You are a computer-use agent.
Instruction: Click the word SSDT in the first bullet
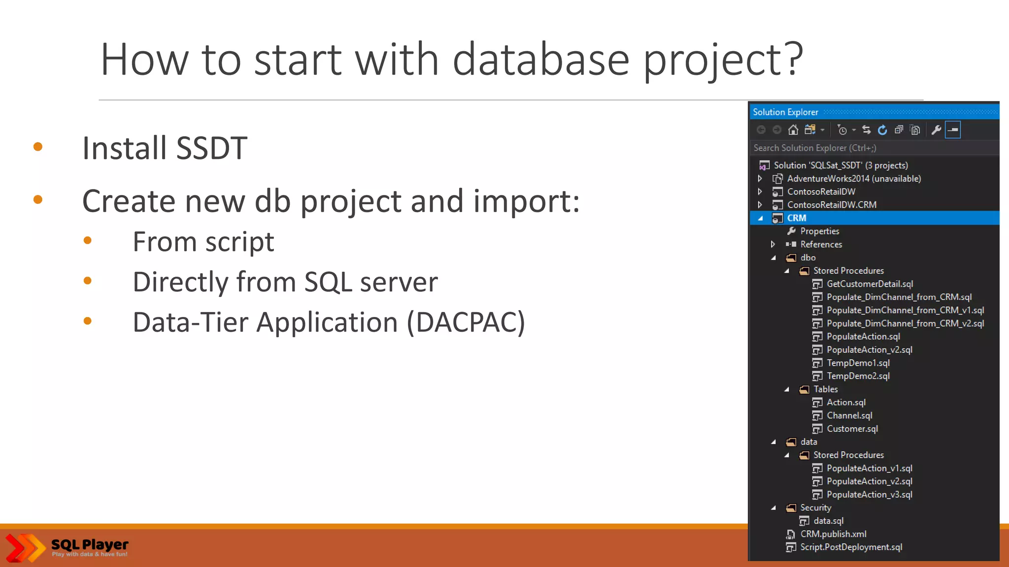click(211, 148)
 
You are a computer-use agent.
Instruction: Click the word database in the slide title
click(540, 60)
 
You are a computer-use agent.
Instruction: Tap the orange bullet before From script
click(88, 241)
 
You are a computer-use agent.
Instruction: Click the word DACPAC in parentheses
click(466, 323)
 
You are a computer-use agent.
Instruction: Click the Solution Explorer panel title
click(785, 112)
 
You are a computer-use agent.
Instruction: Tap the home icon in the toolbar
click(793, 130)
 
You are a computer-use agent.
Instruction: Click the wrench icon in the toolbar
click(936, 130)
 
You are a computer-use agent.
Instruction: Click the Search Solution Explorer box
click(872, 148)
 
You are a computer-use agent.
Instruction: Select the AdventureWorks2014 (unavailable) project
click(853, 179)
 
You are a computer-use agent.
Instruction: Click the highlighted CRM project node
click(796, 218)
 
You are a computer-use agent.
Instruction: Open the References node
click(821, 245)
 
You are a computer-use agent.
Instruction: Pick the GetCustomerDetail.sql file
click(870, 284)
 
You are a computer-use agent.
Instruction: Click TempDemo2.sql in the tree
click(858, 376)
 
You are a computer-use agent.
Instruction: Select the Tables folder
click(825, 389)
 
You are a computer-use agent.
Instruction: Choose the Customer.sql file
click(852, 429)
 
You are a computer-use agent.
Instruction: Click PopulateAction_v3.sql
click(869, 495)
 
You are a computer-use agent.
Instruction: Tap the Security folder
click(815, 508)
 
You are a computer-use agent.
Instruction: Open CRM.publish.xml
click(833, 534)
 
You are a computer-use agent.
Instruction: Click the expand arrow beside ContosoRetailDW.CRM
click(760, 205)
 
